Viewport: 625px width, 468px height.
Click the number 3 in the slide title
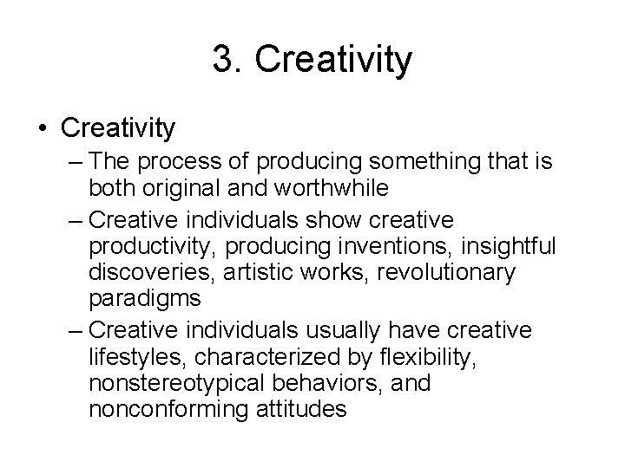tap(222, 60)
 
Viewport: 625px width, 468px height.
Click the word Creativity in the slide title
tap(334, 61)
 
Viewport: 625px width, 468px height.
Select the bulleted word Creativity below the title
tap(119, 128)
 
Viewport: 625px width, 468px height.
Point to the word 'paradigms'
tap(141, 297)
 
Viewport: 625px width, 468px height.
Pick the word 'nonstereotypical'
tap(178, 381)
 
